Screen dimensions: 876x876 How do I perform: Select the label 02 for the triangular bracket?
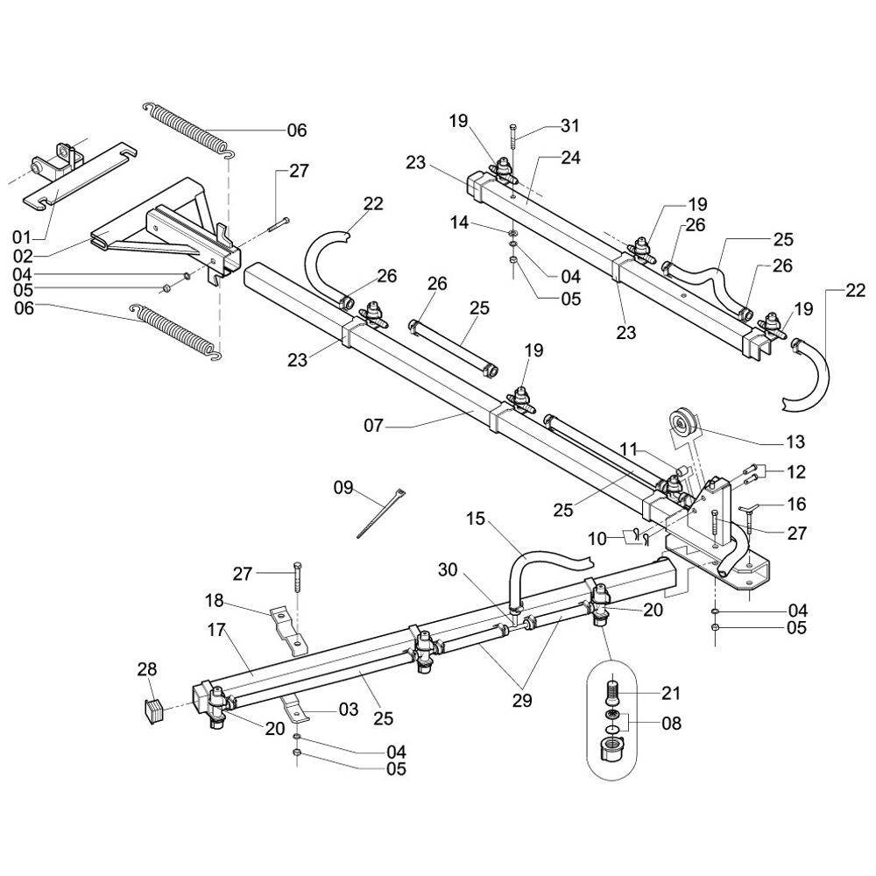(x=20, y=257)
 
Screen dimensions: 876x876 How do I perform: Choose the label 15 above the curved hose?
(x=474, y=519)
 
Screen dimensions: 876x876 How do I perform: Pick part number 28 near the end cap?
(x=146, y=669)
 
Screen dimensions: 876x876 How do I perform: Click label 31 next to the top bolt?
(x=570, y=126)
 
